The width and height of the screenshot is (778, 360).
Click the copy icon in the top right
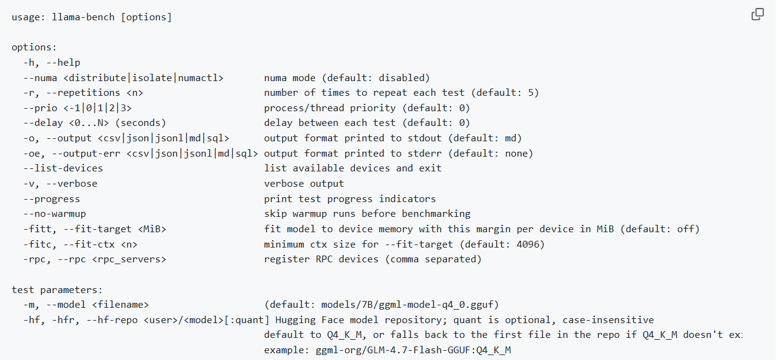758,14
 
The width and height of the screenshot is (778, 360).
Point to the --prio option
41,108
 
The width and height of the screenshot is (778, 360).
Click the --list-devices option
63,168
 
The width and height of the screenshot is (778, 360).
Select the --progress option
52,199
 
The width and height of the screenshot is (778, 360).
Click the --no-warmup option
55,214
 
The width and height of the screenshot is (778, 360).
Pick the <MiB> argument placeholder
152,229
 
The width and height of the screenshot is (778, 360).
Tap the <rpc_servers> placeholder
129,260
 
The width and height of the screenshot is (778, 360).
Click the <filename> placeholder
120,305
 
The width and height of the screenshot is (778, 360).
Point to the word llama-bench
84,17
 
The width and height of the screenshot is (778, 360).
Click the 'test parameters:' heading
57,290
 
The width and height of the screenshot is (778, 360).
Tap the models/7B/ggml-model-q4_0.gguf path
407,305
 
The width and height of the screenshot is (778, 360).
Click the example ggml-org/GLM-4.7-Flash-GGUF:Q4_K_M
413,350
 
